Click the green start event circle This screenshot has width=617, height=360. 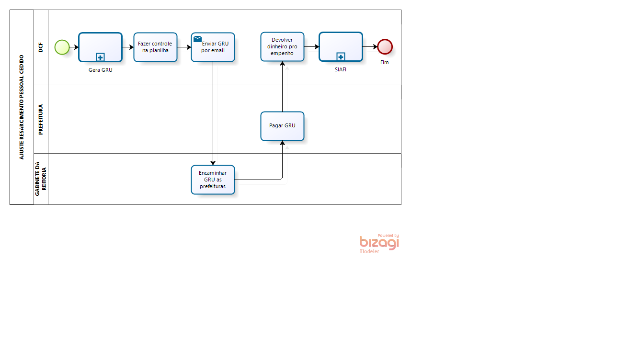click(x=62, y=47)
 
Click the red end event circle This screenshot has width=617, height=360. click(x=385, y=47)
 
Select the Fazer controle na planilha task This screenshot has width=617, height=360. click(x=155, y=47)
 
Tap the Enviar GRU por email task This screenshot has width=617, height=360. click(x=213, y=47)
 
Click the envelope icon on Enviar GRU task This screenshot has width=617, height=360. click(x=197, y=39)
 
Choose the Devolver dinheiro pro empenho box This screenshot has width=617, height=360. click(x=282, y=46)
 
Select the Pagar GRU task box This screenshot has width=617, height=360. click(x=282, y=126)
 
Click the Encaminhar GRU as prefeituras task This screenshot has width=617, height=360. click(x=213, y=180)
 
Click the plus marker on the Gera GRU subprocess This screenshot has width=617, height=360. click(x=100, y=57)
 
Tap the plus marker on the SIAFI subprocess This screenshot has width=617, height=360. click(x=341, y=56)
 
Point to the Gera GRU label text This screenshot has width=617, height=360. click(x=100, y=70)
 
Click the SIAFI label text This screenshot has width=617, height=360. click(x=341, y=69)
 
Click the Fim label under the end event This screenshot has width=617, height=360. click(x=385, y=62)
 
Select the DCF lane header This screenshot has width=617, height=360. click(x=41, y=47)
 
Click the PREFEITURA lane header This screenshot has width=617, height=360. click(x=41, y=119)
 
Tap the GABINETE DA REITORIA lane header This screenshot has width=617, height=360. click(x=41, y=179)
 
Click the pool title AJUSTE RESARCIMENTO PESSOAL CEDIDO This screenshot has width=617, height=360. click(x=22, y=107)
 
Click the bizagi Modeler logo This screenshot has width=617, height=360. click(x=379, y=244)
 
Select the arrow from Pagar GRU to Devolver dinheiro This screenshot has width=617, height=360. click(x=282, y=87)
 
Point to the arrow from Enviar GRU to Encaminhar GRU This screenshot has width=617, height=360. click(x=213, y=113)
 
